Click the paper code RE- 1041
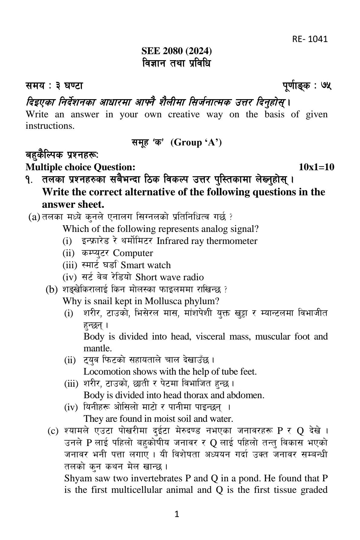pyautogui.click(x=310, y=39)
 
